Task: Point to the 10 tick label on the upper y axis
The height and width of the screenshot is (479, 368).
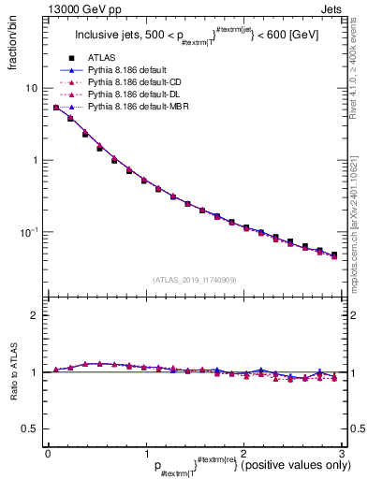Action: click(31, 88)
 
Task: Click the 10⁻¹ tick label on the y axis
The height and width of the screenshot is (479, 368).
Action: click(28, 232)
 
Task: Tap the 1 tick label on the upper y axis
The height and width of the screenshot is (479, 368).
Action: click(35, 160)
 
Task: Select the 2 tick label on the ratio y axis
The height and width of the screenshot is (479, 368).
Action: click(35, 315)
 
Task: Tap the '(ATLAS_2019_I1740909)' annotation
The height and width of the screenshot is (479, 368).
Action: click(193, 280)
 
